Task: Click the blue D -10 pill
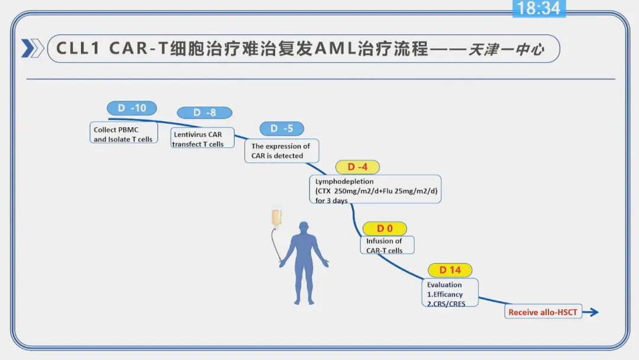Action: pyautogui.click(x=131, y=108)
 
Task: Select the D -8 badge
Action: pyautogui.click(x=205, y=112)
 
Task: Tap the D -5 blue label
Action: pyautogui.click(x=282, y=128)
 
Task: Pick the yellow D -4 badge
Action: pyautogui.click(x=357, y=167)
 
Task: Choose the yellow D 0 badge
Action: pyautogui.click(x=385, y=229)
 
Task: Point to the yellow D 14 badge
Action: pyautogui.click(x=450, y=270)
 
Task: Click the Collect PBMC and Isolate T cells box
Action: pyautogui.click(x=124, y=133)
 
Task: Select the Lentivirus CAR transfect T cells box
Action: pyautogui.click(x=202, y=138)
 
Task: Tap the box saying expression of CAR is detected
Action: pyautogui.click(x=282, y=151)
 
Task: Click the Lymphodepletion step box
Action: pyautogui.click(x=375, y=189)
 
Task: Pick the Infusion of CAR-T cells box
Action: pyautogui.click(x=387, y=245)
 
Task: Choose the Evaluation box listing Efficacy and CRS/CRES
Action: pyautogui.click(x=450, y=292)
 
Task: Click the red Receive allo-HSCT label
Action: pyautogui.click(x=543, y=312)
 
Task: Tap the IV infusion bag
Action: pyautogui.click(x=277, y=217)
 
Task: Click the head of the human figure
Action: pyautogui.click(x=304, y=227)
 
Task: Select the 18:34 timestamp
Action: pyautogui.click(x=539, y=8)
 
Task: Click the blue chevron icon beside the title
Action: pyautogui.click(x=32, y=48)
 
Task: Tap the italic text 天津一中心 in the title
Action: pyautogui.click(x=506, y=50)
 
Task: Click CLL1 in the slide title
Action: pyautogui.click(x=78, y=49)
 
